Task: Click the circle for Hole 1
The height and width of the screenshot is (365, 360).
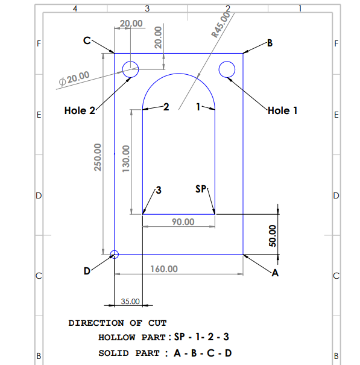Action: pos(227,70)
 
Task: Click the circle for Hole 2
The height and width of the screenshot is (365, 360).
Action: pos(131,69)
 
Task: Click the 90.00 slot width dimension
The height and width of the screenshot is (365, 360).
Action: pos(183,222)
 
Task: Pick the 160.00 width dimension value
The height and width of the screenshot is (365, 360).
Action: pos(163,268)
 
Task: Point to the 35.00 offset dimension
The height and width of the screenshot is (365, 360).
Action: pos(131,300)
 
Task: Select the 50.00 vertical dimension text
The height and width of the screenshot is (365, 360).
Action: pos(272,236)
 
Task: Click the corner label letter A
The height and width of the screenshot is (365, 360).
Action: pos(276,273)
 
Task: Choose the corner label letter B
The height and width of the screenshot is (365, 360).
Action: pos(270,43)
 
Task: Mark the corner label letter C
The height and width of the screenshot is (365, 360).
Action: pos(87,40)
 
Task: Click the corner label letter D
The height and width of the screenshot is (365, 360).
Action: pos(87,272)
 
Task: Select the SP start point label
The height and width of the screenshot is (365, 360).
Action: pos(201,189)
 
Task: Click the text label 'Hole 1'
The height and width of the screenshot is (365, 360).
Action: pos(282,110)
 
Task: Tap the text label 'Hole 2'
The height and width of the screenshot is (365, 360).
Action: pos(80,110)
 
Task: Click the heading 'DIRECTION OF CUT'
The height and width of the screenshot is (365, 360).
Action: pos(117,323)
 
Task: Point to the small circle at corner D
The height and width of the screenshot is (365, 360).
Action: pos(115,255)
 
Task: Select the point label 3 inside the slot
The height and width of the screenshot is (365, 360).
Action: pos(159,190)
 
